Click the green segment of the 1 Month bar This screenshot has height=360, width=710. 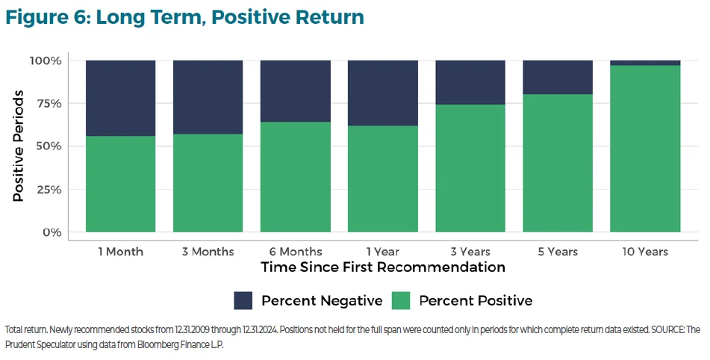tap(120, 184)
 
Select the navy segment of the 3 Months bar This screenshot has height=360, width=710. tap(208, 97)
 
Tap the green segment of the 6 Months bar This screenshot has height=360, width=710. tap(295, 177)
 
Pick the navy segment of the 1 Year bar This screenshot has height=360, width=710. tap(382, 93)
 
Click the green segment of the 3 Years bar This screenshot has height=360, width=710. tap(470, 168)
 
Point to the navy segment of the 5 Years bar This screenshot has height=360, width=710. tap(558, 77)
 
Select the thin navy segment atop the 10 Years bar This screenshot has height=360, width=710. tap(645, 63)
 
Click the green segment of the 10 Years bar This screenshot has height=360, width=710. tap(645, 149)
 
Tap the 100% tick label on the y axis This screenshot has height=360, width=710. tap(46, 60)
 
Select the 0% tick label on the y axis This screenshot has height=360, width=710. tap(52, 232)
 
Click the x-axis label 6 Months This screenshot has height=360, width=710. tap(295, 252)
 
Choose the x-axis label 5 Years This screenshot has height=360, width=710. tap(558, 252)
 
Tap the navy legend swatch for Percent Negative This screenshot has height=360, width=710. tap(243, 300)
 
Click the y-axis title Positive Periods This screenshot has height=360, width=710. tap(19, 146)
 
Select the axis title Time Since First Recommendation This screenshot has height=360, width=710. tap(383, 267)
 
